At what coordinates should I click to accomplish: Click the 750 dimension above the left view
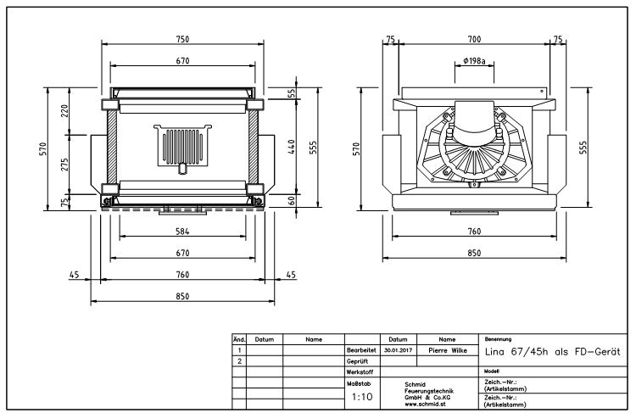point(181,39)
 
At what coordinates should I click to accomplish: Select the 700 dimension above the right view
point(473,39)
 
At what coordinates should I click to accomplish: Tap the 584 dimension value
point(181,232)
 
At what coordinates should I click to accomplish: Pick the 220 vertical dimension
point(64,110)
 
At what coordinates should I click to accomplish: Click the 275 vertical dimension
point(64,164)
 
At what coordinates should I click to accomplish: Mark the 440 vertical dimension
point(290,147)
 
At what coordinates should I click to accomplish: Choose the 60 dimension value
point(290,201)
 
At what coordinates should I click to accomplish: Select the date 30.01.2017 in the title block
point(398,349)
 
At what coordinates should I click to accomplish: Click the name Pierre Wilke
point(449,349)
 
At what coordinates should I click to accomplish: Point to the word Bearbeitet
point(361,349)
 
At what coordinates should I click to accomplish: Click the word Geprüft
point(358,360)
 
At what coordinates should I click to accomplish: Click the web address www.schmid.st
point(427,404)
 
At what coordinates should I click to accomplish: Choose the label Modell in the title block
point(491,371)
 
